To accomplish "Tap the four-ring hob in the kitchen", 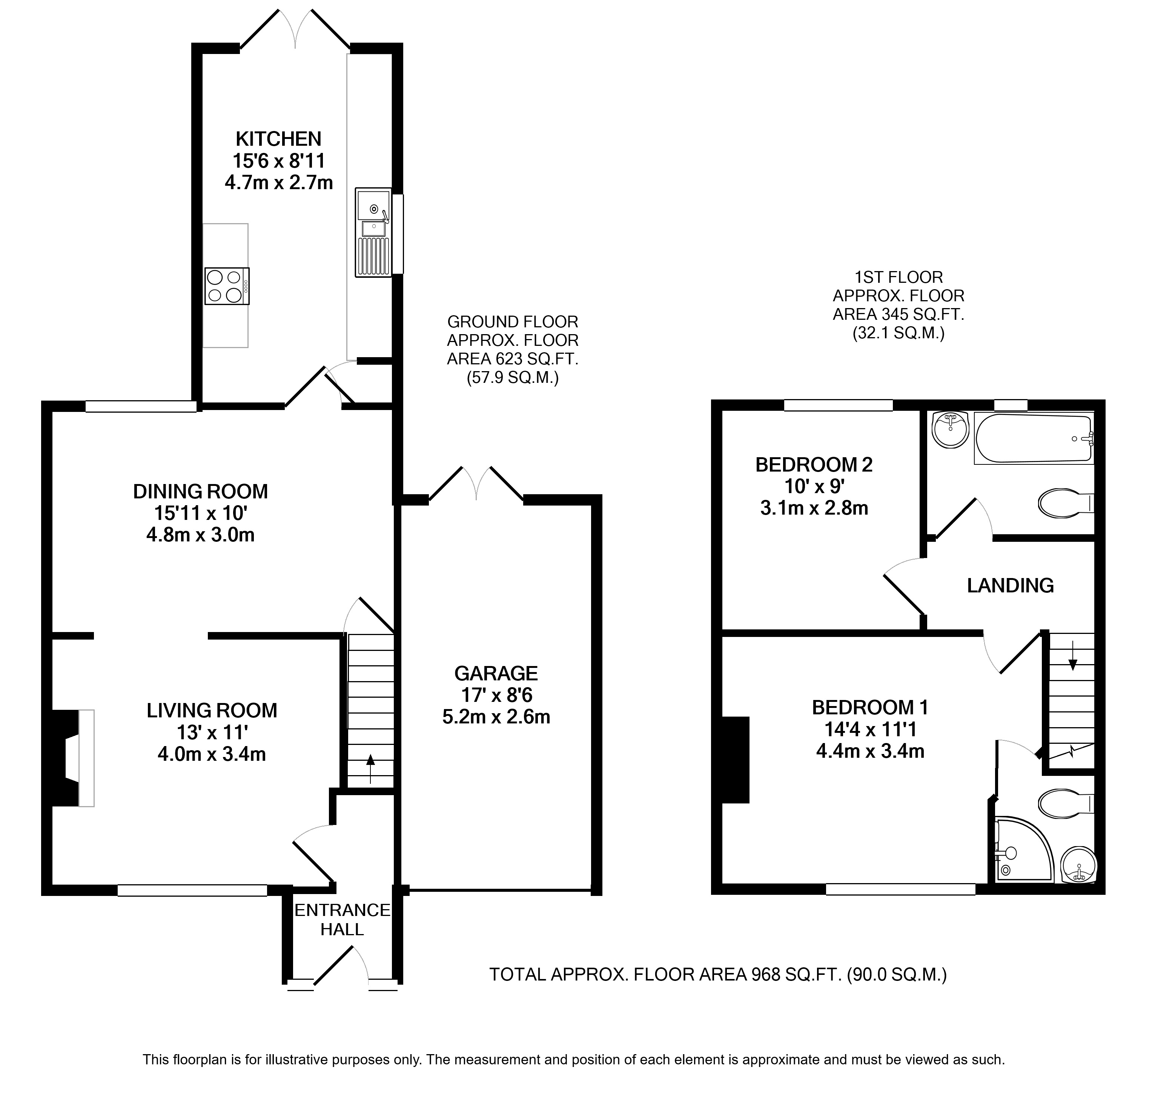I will click(x=227, y=286).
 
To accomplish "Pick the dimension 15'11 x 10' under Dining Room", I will click(x=200, y=513).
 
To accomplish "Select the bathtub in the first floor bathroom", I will click(x=1034, y=439).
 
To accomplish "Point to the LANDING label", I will click(x=1010, y=585).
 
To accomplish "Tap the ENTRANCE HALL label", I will click(x=342, y=919).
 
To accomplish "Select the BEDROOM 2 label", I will click(x=813, y=465).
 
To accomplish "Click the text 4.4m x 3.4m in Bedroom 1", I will click(x=870, y=751).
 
